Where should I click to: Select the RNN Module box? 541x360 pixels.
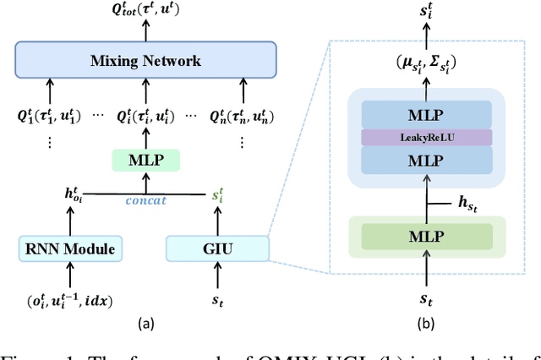coord(66,248)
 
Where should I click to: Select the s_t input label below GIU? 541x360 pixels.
coord(217,300)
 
